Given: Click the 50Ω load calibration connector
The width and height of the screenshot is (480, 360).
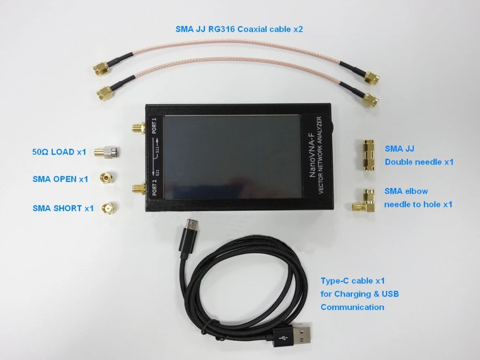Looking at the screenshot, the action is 107,152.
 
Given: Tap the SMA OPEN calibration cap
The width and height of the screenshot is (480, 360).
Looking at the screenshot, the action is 107,178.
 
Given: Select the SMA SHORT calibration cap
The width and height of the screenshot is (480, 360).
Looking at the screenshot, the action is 109,208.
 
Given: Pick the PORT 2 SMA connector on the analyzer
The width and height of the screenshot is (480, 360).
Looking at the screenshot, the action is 138,190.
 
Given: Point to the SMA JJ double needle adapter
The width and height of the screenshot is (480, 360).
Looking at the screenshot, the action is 368,155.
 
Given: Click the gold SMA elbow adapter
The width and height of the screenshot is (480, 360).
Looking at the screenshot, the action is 365,202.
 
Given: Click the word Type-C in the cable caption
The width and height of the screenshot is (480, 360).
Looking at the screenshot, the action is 335,281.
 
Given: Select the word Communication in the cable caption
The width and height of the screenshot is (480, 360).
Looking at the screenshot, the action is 352,307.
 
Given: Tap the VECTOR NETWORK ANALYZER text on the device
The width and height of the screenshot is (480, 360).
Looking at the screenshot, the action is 320,155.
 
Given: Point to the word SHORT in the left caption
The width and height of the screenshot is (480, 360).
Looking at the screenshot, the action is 68,208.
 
